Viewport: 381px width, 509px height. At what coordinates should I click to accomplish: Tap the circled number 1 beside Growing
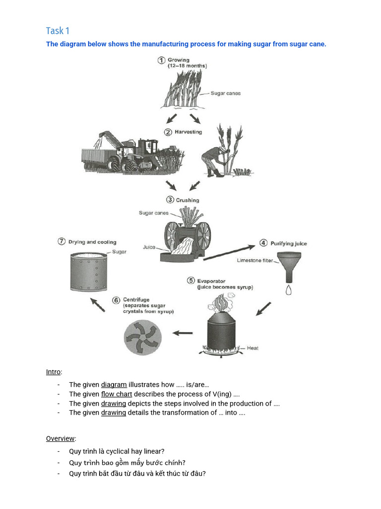coord(162,60)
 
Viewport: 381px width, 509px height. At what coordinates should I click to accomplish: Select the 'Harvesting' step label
coord(189,132)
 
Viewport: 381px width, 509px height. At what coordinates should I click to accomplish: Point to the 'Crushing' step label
coord(187,200)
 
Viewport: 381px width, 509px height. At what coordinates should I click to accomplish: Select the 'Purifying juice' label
coord(288,244)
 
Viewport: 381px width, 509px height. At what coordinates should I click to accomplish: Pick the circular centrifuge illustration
coord(143,337)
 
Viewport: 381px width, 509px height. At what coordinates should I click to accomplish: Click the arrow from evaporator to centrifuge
coord(183,333)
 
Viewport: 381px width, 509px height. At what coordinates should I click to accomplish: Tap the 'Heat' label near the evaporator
coord(253,348)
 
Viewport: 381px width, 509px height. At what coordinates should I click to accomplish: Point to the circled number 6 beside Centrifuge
coord(116,300)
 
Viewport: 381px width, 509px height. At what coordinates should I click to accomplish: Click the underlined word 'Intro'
coord(53,372)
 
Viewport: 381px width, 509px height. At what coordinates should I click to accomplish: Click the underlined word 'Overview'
coord(60,438)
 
